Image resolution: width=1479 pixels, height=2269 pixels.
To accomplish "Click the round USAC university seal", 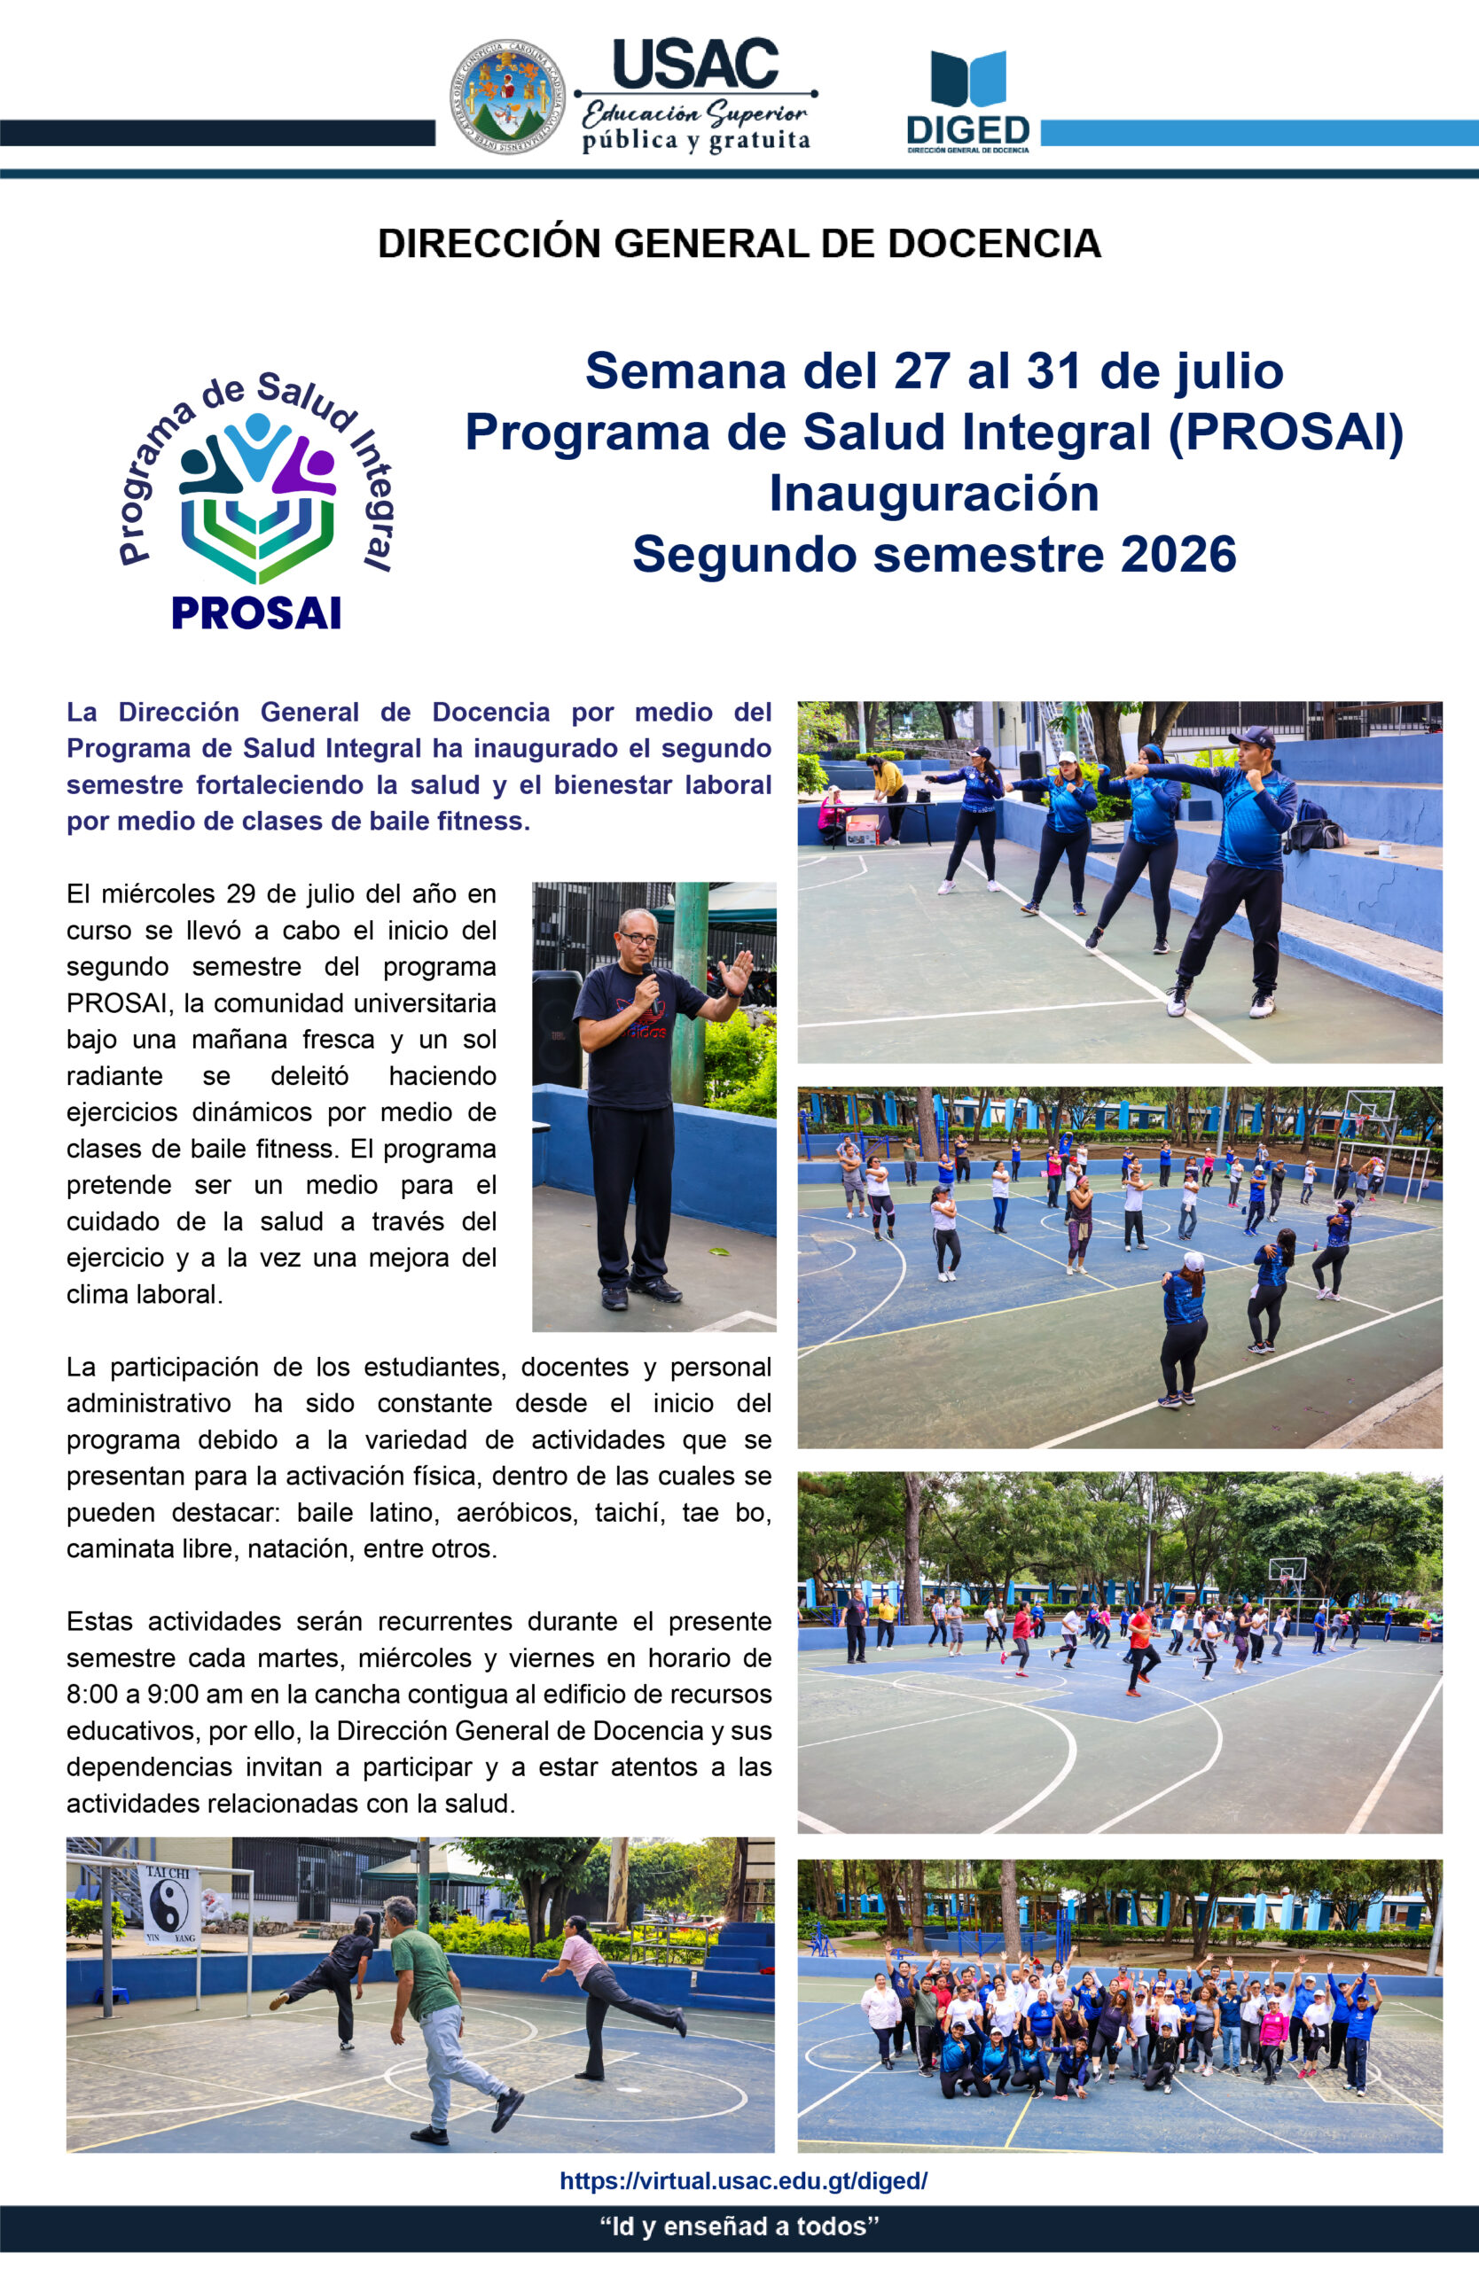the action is tap(506, 97).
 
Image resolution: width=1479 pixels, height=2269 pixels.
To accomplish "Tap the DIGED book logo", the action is tap(968, 77).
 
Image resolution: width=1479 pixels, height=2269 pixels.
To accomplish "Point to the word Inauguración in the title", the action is tap(934, 494).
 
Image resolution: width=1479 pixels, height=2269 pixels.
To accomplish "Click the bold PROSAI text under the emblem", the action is tap(255, 613).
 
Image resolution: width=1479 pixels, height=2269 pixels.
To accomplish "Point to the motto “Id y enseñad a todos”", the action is tap(739, 2226).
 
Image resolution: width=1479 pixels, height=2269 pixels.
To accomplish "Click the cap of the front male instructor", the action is tap(1252, 737).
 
